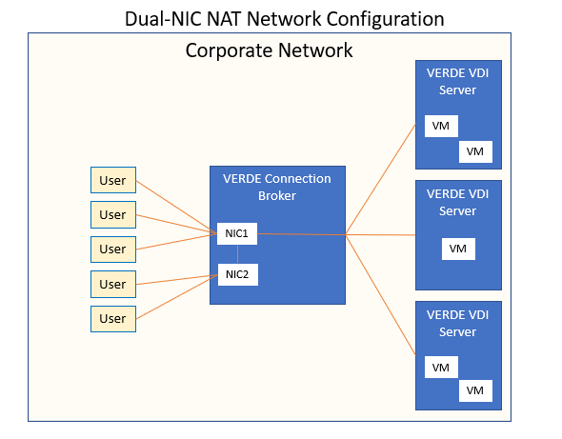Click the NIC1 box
point(237,233)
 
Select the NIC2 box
point(238,274)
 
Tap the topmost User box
point(113,180)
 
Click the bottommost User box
point(113,319)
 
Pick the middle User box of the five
point(113,249)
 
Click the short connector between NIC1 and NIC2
point(237,254)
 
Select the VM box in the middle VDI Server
point(458,249)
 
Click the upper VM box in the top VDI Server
point(441,126)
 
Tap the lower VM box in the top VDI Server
point(475,151)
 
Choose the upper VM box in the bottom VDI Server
point(441,368)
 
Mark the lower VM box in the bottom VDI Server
point(475,390)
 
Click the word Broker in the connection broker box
point(277,195)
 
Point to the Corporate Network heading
point(269,50)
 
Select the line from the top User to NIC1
point(177,208)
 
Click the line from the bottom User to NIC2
point(177,297)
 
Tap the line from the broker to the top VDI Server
point(380,179)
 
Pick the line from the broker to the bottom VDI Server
point(380,295)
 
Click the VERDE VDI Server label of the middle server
point(458,203)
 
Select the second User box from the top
point(113,214)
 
